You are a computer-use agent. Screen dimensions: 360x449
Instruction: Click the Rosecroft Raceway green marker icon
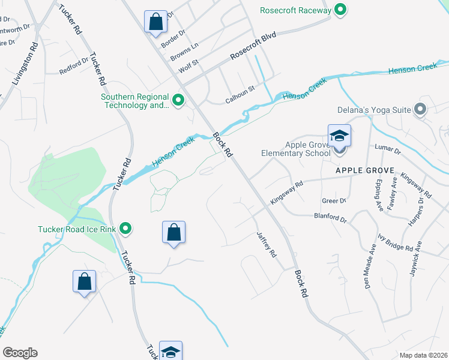340,10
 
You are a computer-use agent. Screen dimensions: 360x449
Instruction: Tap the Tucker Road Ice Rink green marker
125,228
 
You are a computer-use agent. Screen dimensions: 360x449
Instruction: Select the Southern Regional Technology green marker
178,100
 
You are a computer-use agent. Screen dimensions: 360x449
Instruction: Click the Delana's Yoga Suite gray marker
420,109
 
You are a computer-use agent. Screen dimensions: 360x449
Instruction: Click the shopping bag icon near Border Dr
156,22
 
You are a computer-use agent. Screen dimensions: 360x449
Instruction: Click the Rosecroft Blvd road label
253,46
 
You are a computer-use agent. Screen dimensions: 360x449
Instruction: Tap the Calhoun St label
240,88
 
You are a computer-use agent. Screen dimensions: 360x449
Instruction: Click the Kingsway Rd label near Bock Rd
287,193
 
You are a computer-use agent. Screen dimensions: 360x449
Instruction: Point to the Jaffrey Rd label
267,245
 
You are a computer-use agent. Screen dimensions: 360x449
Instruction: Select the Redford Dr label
73,68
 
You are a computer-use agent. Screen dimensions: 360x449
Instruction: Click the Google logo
20,353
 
